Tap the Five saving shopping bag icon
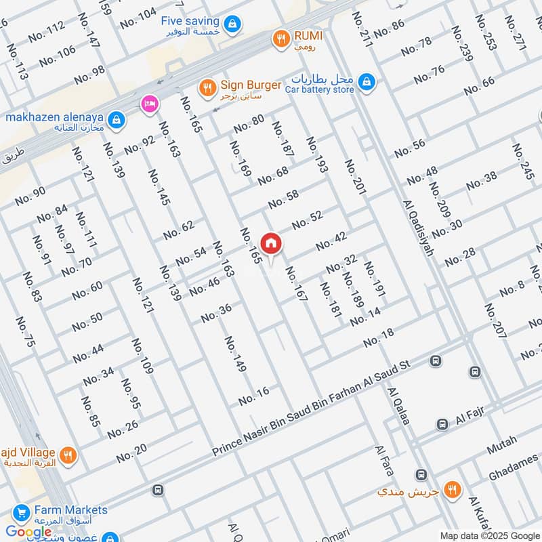point(232,24)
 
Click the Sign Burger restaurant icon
point(208,87)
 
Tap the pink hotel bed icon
point(148,104)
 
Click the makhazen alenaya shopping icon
point(117,119)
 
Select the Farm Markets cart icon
point(20,512)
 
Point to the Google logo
point(29,532)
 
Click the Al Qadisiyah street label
point(418,228)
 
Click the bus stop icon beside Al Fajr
point(442,424)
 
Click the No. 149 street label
point(235,354)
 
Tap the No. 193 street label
point(316,154)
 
